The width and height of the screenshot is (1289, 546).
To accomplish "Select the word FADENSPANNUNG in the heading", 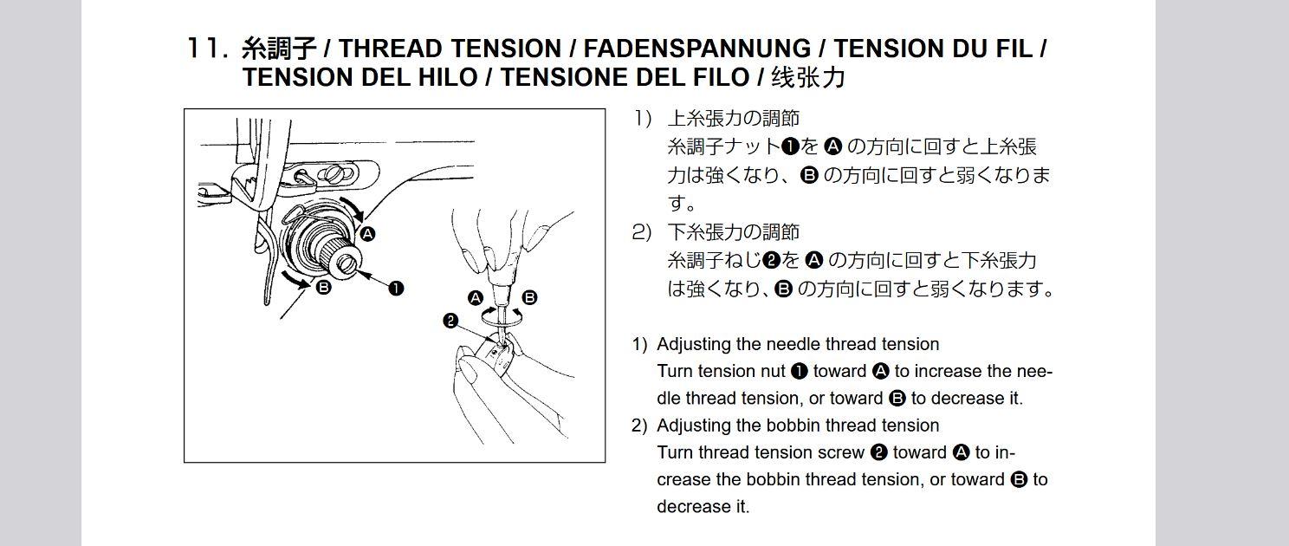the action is [x=696, y=49].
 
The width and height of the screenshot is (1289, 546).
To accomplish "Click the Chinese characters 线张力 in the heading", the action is [x=808, y=77].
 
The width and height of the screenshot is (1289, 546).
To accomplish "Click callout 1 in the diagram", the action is [x=396, y=288].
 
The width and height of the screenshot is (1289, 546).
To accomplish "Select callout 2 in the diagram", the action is [x=450, y=321].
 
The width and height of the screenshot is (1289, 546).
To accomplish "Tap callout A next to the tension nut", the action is [x=367, y=234].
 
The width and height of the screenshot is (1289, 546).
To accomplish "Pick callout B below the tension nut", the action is [x=324, y=287].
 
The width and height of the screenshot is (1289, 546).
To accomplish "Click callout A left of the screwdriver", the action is [x=476, y=298].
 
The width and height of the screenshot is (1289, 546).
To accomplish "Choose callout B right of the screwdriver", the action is [x=529, y=298].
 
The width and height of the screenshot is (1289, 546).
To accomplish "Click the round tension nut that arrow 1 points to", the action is [x=347, y=262].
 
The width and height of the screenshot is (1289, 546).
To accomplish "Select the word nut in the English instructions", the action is [x=772, y=371].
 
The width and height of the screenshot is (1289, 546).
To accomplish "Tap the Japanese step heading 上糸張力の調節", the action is [x=733, y=118].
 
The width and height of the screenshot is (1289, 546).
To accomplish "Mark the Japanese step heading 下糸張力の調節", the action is [x=733, y=232].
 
